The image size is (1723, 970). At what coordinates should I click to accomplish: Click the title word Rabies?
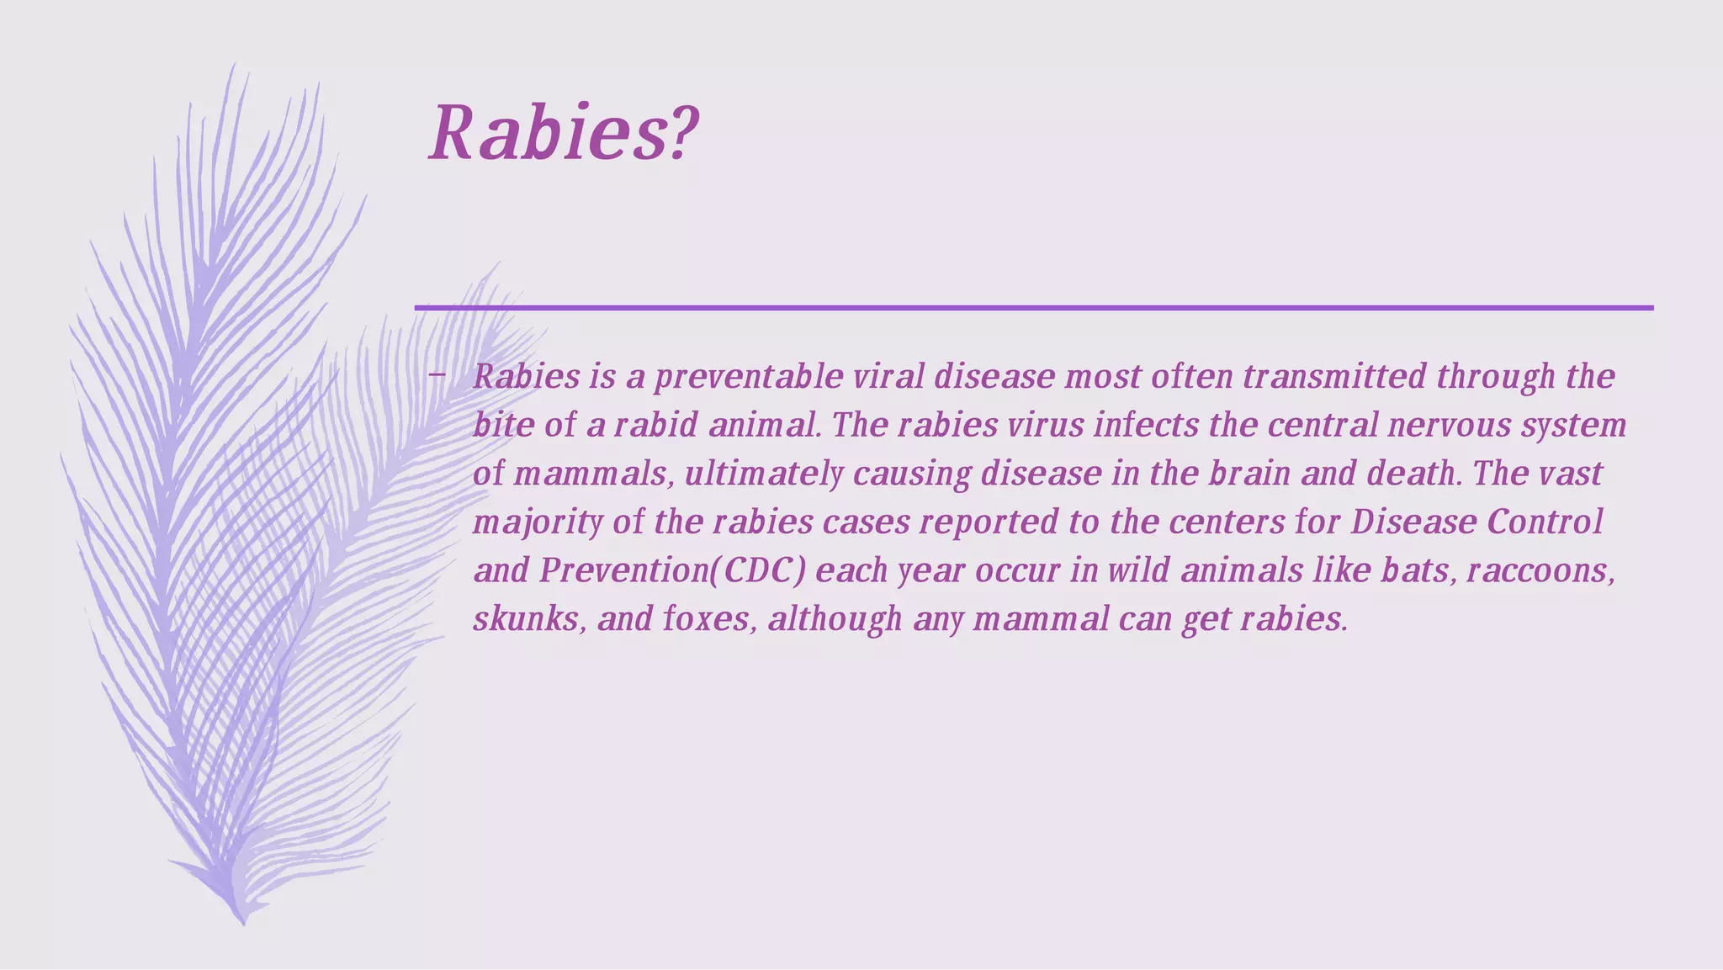(x=562, y=133)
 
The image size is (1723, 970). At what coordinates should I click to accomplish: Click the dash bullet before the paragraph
(x=436, y=375)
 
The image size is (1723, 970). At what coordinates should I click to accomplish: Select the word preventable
(x=749, y=377)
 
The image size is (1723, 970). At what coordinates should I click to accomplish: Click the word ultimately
(x=764, y=474)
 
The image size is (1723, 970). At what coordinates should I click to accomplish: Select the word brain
(x=1249, y=474)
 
